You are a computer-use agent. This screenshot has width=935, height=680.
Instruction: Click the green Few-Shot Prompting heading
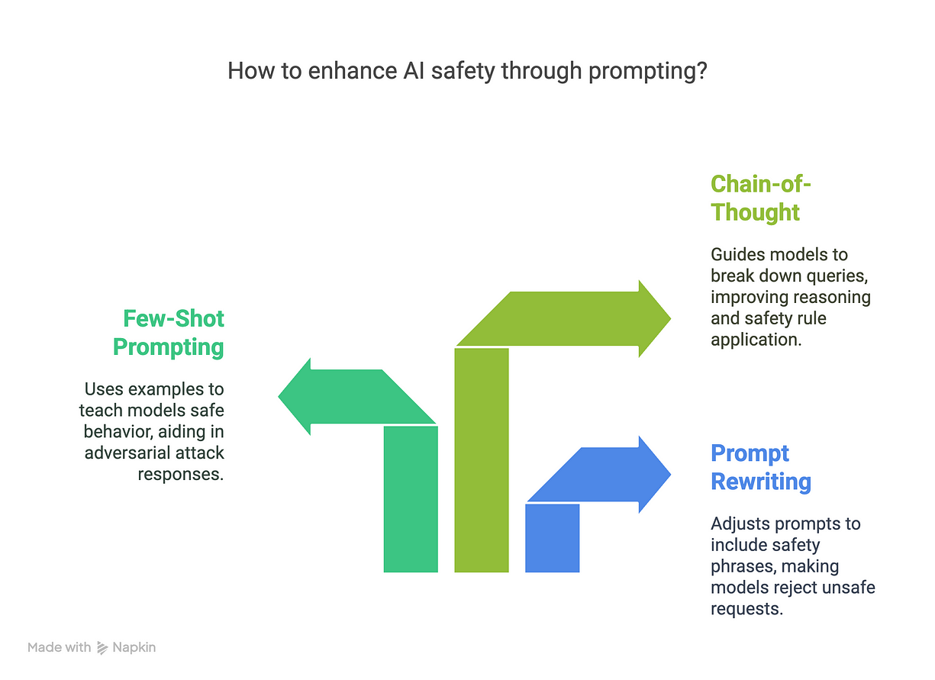coord(168,332)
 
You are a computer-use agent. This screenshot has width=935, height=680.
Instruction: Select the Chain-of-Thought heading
coord(756,198)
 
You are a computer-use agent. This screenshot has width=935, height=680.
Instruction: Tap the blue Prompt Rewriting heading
coord(761,467)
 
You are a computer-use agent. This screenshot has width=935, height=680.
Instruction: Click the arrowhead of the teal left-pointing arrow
coord(298,396)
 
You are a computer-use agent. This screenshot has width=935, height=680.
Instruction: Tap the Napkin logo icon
coord(103,648)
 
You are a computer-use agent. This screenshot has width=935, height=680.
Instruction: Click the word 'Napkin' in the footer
coord(134,648)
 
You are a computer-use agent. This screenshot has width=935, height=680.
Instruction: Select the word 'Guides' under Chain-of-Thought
coord(735,254)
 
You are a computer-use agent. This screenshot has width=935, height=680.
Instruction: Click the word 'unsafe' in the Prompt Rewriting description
coord(850,588)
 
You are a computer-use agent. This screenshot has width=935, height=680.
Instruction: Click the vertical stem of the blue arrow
coord(553,537)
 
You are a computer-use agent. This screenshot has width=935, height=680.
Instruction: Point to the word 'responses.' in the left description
coord(181,474)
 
